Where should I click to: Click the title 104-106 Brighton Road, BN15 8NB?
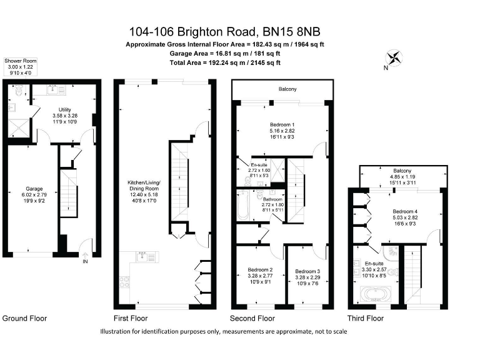point(226,31)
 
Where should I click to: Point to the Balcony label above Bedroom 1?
point(287,90)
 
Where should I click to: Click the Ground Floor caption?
point(25,318)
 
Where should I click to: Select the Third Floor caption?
point(366,318)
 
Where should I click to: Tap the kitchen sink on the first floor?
point(141,257)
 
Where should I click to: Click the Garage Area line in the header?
point(226,54)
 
